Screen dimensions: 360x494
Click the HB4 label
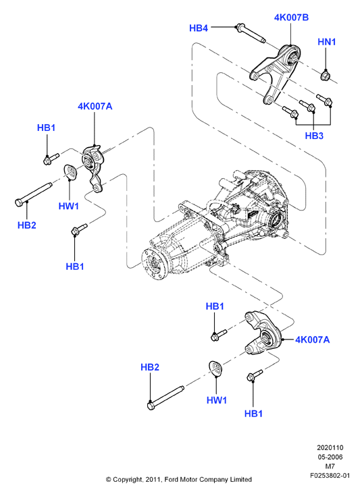click(199, 28)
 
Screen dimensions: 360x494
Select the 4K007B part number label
click(291, 18)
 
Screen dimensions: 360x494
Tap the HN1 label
click(327, 42)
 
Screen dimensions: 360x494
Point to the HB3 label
click(314, 136)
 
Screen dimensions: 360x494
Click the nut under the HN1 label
click(325, 76)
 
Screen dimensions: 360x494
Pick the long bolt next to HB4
click(251, 33)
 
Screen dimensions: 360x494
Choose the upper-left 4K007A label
click(95, 107)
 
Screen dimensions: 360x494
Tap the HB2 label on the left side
click(27, 225)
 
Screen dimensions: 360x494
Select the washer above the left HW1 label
click(71, 172)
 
